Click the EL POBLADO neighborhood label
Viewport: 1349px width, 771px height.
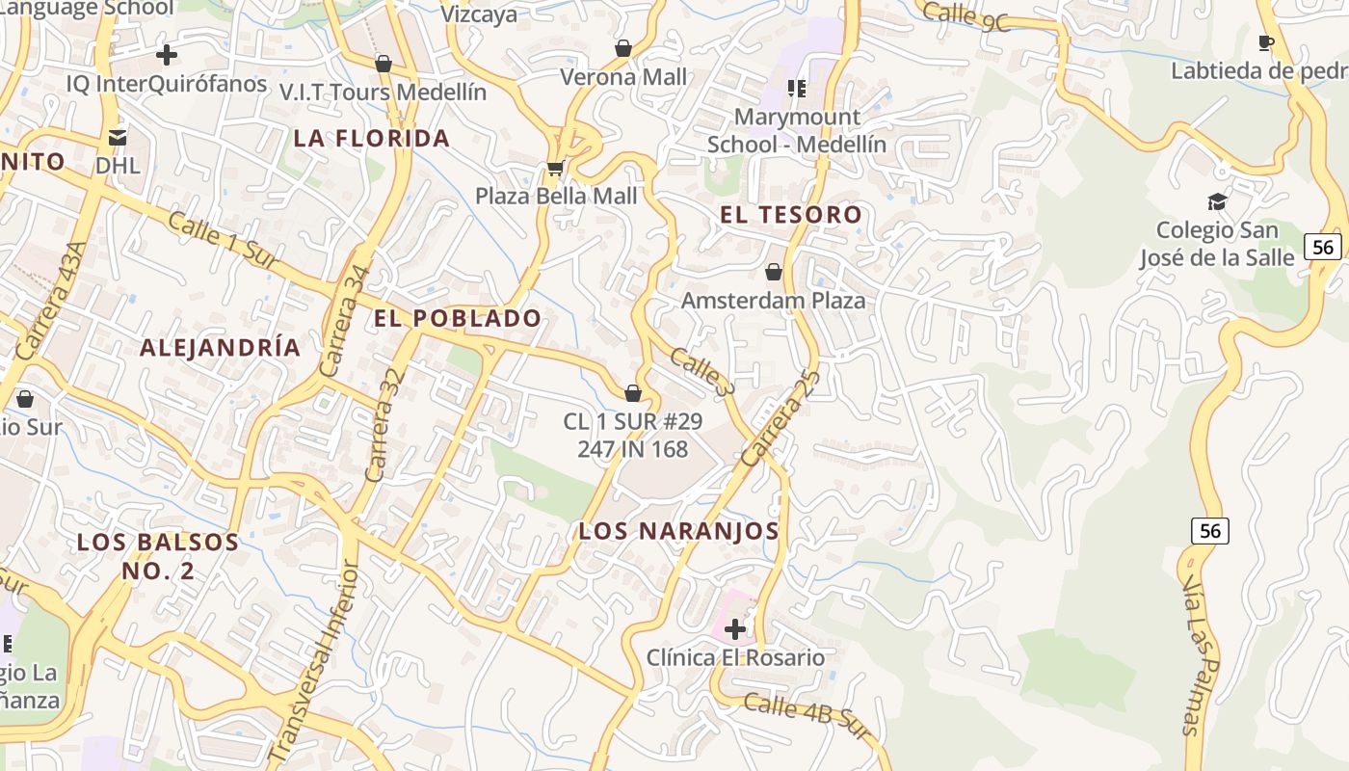pos(459,319)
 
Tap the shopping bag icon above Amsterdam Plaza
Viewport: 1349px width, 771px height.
pos(773,273)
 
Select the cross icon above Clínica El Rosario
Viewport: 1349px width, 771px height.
pos(735,630)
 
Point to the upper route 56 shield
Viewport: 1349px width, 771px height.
pos(1323,247)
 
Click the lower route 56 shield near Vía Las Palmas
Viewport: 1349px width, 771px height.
pos(1210,530)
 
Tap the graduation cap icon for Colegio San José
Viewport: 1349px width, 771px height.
pos(1217,201)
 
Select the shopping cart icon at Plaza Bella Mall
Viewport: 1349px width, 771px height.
pos(555,169)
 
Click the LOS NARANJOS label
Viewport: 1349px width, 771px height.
pos(678,531)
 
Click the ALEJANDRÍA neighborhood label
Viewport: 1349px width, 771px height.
pos(221,348)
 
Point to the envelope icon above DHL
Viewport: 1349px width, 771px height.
pos(118,138)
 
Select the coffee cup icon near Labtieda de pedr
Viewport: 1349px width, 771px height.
pos(1266,42)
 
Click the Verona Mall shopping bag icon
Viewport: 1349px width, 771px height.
pos(623,48)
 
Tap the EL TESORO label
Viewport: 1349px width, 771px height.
pos(790,215)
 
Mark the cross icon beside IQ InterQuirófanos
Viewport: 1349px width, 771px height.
pos(167,55)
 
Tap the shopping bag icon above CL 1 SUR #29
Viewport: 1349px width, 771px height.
pos(633,393)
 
